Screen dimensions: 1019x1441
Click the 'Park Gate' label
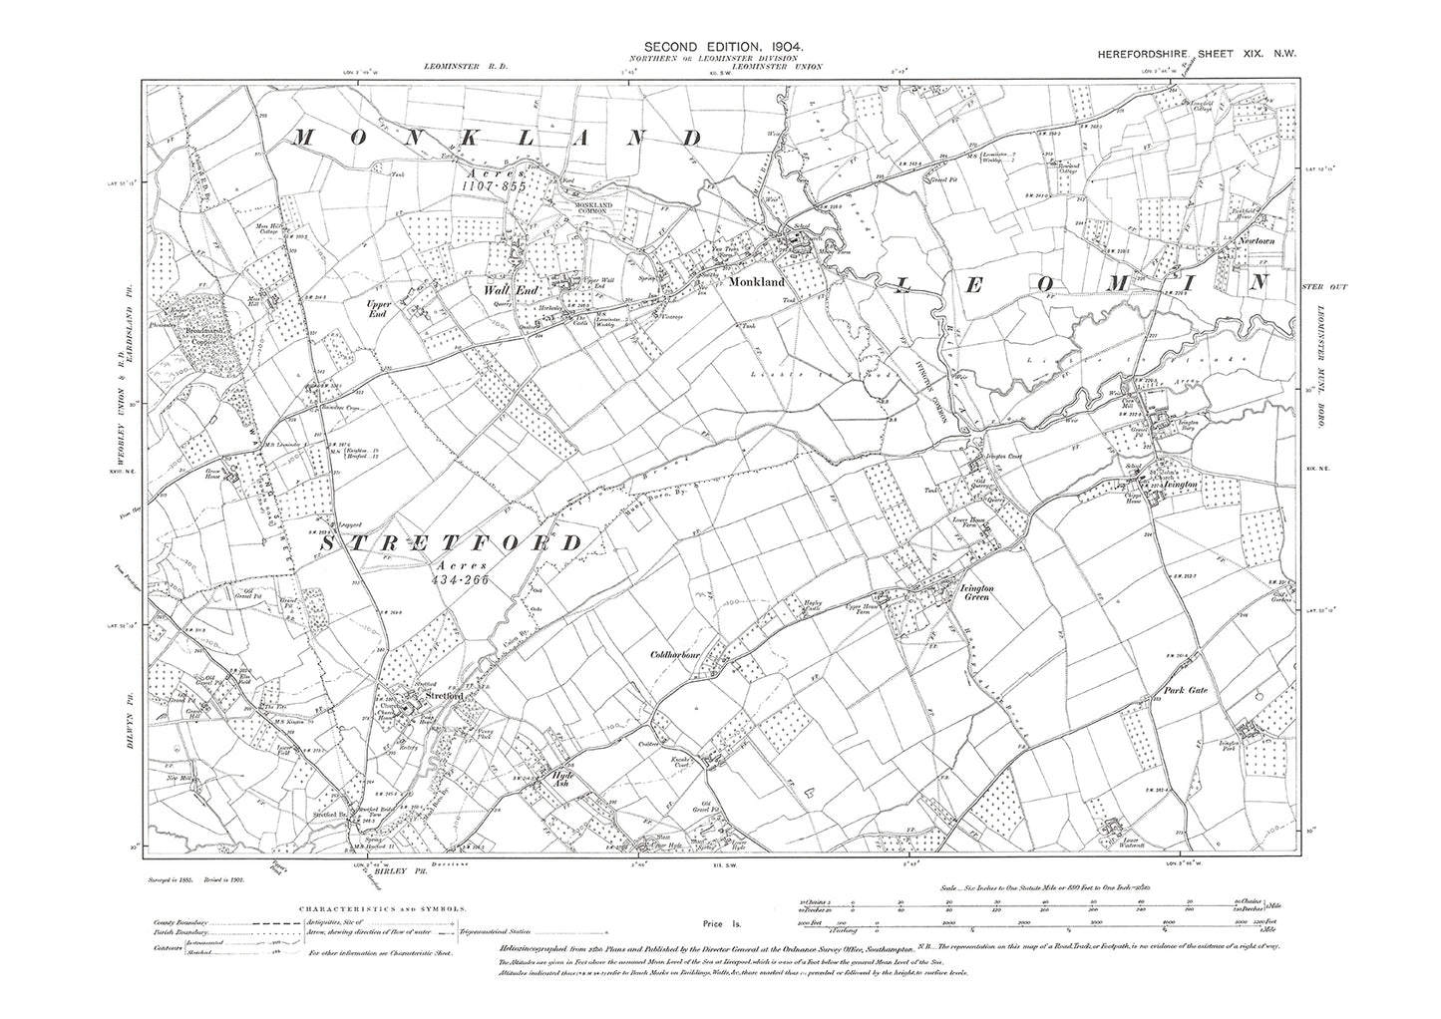(x=1184, y=689)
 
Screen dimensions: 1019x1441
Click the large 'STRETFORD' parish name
(x=451, y=543)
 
